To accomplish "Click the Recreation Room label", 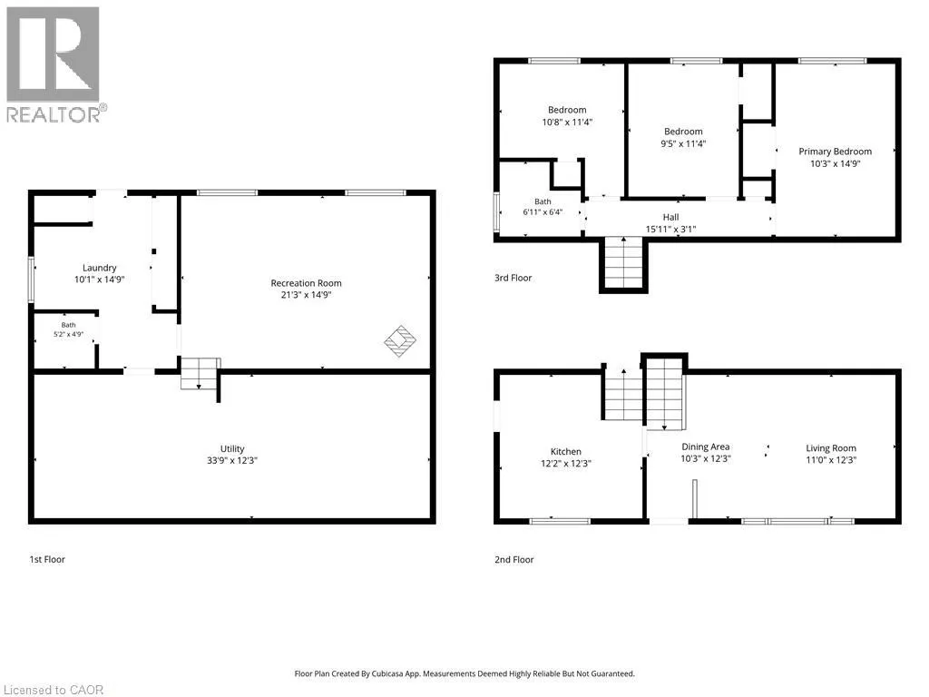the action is pos(306,283).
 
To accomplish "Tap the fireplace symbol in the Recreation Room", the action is pos(400,341).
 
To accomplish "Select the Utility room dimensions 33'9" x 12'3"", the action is pos(232,460).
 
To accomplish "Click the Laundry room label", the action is pos(100,268).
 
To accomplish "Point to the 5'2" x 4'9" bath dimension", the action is pos(69,334).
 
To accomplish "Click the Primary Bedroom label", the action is pos(835,152).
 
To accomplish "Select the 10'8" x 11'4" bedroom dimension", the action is pos(567,123).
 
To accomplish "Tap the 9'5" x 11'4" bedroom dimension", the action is pos(683,143).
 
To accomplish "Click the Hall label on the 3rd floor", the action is pos(670,218).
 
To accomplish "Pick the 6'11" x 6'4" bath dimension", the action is pos(543,212).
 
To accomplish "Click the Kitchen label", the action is pos(566,452).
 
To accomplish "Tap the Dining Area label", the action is pos(705,447).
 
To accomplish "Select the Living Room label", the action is pos(831,448).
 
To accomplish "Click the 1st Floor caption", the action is pos(47,559).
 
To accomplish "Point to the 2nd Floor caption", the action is pos(514,559).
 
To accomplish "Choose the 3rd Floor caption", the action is pos(513,278).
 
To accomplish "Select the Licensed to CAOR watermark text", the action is pos(54,690).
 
